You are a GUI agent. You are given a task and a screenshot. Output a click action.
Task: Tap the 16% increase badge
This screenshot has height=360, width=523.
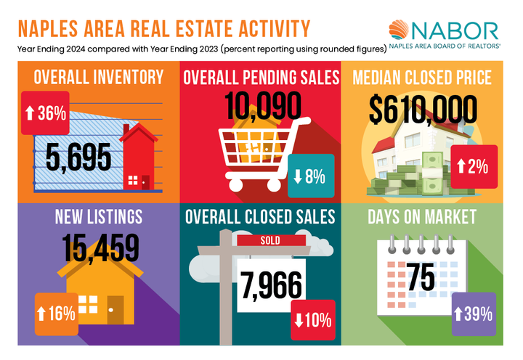coord(55,314)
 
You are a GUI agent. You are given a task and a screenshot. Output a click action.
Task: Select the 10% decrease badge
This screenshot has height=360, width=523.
coord(312,319)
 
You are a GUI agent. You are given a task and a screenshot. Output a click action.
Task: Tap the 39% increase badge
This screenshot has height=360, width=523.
coord(473,314)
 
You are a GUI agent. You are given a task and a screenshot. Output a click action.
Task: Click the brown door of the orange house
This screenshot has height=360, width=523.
coord(115,309)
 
